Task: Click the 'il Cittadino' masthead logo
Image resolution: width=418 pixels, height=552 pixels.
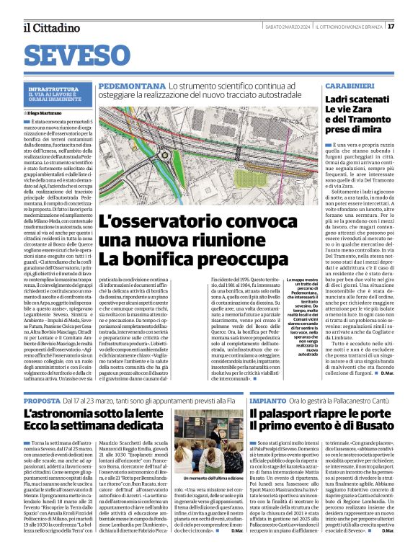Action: pos(45,27)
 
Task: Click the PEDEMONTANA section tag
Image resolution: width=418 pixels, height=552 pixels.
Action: pos(132,85)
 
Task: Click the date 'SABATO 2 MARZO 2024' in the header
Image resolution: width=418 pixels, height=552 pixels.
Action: pos(287,27)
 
